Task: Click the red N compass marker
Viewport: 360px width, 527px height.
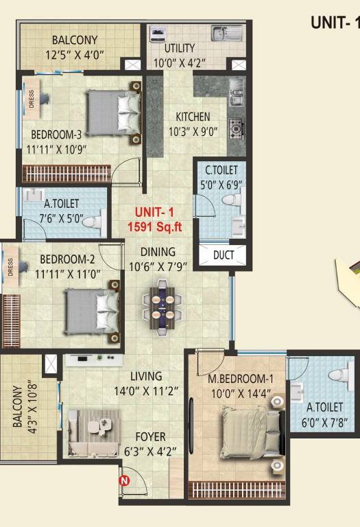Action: [124, 481]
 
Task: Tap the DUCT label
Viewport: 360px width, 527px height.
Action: [224, 255]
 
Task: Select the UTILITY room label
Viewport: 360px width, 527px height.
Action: [180, 49]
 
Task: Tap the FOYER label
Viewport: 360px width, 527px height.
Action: [150, 437]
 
